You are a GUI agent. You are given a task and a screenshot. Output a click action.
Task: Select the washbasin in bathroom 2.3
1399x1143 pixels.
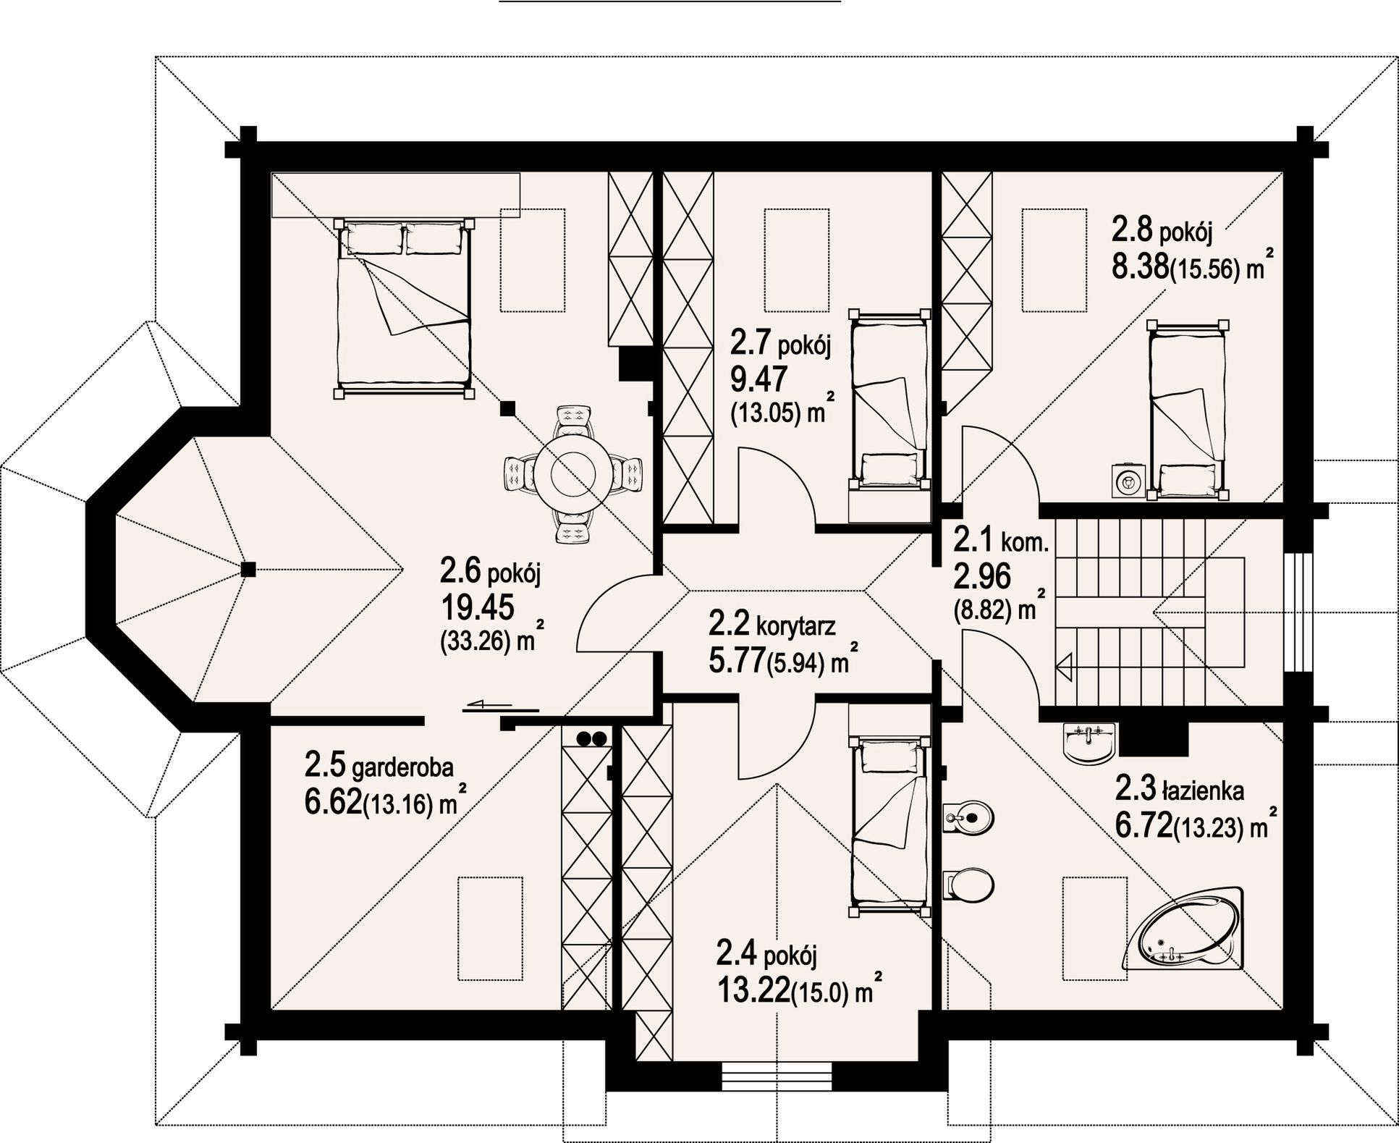click(x=1090, y=741)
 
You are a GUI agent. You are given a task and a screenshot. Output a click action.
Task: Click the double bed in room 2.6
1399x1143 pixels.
click(x=404, y=307)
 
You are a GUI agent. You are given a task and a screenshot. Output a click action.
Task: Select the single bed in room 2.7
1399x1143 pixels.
click(x=889, y=399)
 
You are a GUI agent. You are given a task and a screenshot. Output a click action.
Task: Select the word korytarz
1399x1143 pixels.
click(x=795, y=625)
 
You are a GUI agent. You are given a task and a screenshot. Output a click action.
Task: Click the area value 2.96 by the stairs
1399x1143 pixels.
click(x=981, y=577)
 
